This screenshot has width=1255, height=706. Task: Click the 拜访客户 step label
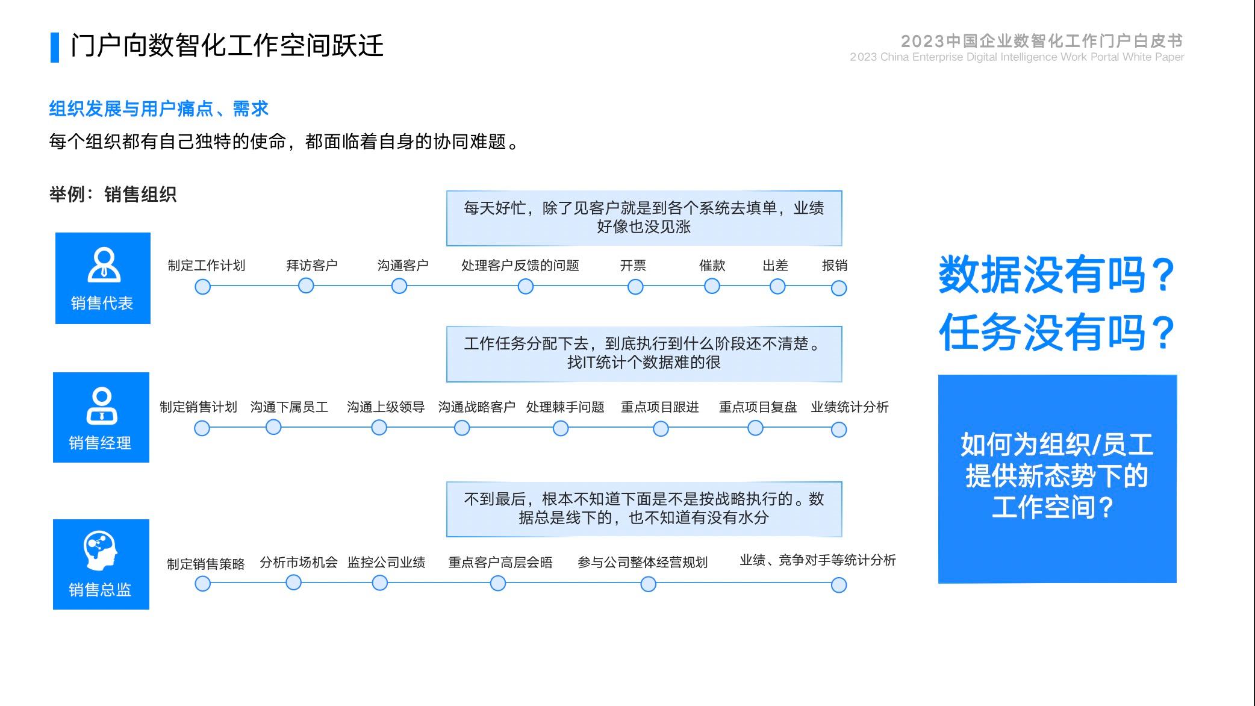[311, 266]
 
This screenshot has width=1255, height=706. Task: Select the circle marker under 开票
[635, 287]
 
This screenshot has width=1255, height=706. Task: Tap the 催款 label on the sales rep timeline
[712, 266]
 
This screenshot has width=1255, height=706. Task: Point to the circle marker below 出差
[777, 287]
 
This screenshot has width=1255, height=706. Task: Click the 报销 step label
[835, 266]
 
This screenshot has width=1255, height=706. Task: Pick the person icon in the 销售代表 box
[104, 265]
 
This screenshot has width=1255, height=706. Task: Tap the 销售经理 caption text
[100, 443]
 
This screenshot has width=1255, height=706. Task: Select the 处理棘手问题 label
[565, 407]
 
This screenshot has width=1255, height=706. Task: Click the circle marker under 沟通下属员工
[273, 427]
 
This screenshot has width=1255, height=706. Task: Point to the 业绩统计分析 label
[850, 407]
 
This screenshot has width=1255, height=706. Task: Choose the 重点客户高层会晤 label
[500, 563]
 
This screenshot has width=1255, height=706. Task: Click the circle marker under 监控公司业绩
[380, 583]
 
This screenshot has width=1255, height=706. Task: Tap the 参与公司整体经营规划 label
[643, 563]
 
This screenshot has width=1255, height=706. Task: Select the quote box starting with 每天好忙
[644, 218]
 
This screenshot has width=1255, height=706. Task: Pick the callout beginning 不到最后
[644, 509]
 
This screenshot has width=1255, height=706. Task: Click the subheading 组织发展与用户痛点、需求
[159, 109]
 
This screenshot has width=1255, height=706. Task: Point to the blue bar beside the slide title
[55, 48]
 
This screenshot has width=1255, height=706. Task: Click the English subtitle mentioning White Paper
[1017, 57]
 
